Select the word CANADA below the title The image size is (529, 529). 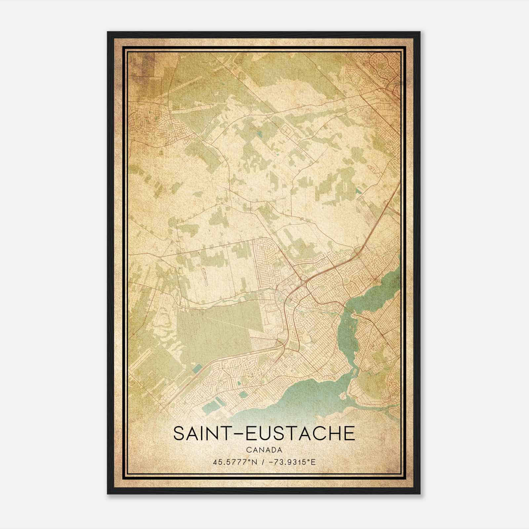coord(264,450)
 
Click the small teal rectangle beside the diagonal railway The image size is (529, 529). coord(197,368)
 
